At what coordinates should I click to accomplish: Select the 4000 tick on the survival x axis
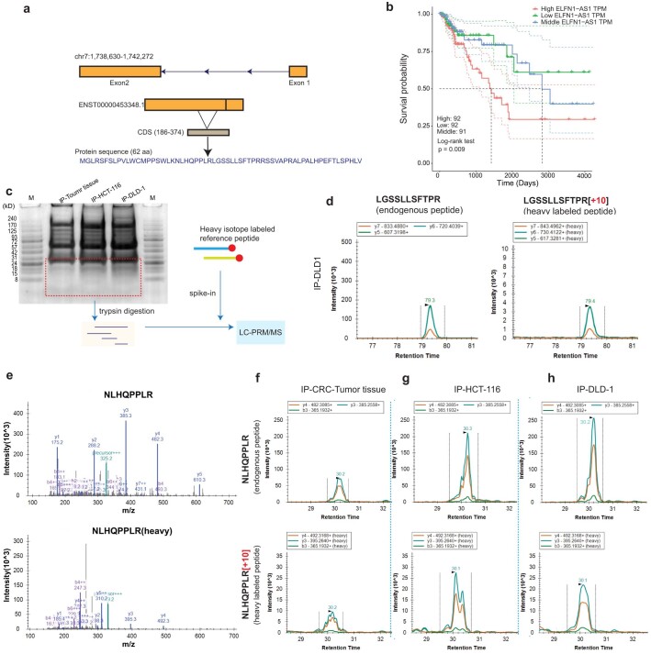click(612, 178)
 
